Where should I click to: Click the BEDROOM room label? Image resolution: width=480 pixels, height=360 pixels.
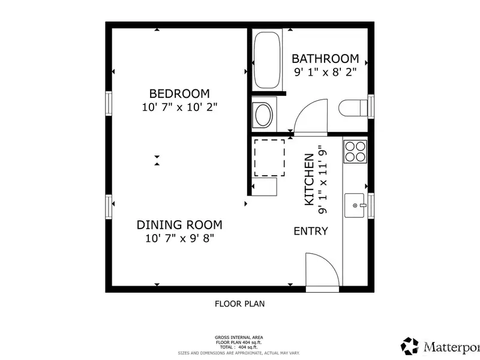click(179, 94)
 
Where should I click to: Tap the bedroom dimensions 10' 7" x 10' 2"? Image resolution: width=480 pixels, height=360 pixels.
click(179, 107)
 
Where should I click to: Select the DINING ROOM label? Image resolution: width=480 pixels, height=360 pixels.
click(179, 225)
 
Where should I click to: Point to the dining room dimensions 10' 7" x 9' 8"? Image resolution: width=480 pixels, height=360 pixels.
click(179, 238)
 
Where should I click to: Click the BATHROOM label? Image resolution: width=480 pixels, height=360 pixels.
click(325, 58)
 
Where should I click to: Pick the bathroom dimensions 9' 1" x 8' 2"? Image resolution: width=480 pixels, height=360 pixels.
click(325, 72)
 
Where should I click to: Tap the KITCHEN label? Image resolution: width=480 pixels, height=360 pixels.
click(309, 179)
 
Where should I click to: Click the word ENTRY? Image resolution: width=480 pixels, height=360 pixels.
click(311, 231)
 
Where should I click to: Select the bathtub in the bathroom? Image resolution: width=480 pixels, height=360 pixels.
click(267, 60)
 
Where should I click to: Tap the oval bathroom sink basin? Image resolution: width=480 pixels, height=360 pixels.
click(263, 115)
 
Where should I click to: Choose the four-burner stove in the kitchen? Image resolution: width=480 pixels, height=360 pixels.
click(355, 152)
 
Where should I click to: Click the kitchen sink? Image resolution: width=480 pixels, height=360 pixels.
click(355, 205)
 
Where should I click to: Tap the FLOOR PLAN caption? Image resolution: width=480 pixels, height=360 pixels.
click(239, 304)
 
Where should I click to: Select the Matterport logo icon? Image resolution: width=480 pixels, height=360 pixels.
click(410, 346)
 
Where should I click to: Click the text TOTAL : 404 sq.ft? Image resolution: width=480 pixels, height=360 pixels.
click(239, 347)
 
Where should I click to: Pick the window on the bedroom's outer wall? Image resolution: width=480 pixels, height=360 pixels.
click(109, 103)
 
